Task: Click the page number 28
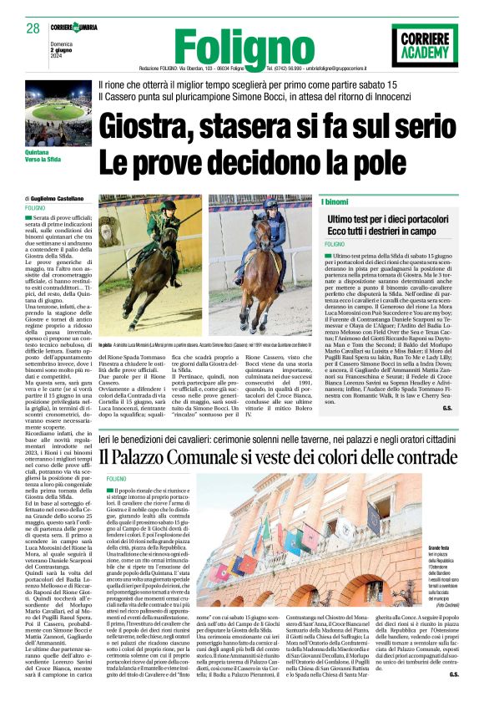(x=33, y=28)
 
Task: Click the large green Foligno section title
(x=227, y=43)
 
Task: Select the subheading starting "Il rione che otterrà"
(x=234, y=85)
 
